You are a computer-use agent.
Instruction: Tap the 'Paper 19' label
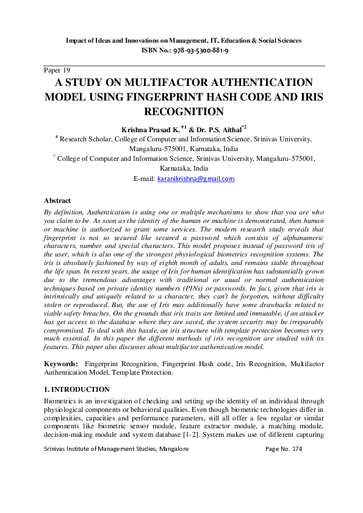tap(57, 70)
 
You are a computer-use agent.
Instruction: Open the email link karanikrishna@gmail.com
tap(195, 179)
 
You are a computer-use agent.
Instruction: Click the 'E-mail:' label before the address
tap(143, 179)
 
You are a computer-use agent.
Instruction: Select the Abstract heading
tap(57, 200)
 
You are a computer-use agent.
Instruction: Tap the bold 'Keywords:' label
tap(61, 363)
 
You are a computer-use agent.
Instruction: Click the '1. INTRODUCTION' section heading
tap(77, 389)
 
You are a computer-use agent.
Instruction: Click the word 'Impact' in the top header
tap(77, 40)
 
